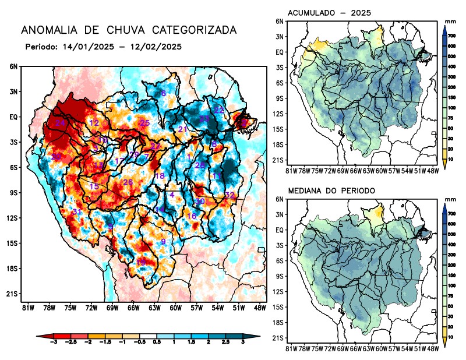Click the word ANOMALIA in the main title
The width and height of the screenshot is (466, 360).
(47, 30)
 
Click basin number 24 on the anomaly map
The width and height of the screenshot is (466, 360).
(60, 123)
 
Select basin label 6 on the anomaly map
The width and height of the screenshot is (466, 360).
(164, 93)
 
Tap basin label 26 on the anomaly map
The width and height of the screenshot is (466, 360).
(128, 182)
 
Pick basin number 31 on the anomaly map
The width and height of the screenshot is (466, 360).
(76, 211)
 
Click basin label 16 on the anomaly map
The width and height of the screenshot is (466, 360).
(191, 216)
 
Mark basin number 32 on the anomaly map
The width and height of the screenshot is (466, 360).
(230, 195)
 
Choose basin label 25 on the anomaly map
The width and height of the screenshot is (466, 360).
(144, 123)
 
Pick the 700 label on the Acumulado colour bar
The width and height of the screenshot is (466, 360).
(451, 36)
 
